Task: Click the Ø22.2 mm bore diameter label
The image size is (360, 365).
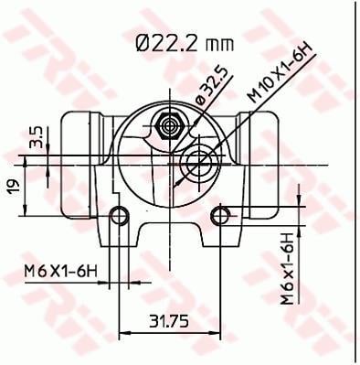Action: click(x=185, y=44)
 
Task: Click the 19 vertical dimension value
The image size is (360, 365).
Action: click(x=13, y=185)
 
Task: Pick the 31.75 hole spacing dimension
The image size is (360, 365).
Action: click(x=169, y=321)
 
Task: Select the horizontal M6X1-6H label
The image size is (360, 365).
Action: click(x=61, y=272)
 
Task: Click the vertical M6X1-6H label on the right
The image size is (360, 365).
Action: click(x=287, y=269)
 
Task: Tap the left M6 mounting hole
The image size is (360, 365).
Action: click(x=119, y=216)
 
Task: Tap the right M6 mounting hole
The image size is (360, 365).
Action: click(x=220, y=216)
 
